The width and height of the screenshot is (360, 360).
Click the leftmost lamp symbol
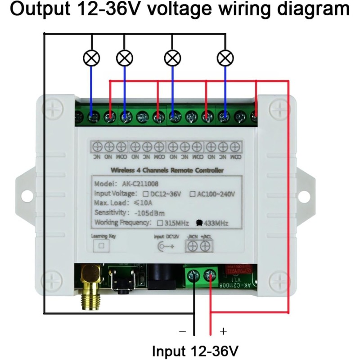(92, 58)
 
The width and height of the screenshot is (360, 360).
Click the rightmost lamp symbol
(225, 58)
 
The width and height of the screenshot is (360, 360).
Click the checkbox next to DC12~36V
(146, 194)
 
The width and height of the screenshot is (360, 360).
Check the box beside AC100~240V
(193, 194)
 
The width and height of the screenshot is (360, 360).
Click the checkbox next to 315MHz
(160, 223)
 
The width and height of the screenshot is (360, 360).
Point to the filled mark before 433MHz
(198, 223)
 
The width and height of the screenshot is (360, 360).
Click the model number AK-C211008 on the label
(140, 184)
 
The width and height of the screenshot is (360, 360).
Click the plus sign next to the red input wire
(223, 332)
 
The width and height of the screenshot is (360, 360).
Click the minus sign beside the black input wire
(182, 332)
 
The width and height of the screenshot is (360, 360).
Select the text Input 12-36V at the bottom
(195, 350)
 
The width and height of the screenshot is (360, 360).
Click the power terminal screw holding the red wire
(210, 275)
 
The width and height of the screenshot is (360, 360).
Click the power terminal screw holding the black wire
(194, 275)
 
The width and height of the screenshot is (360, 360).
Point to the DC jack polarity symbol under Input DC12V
(164, 246)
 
